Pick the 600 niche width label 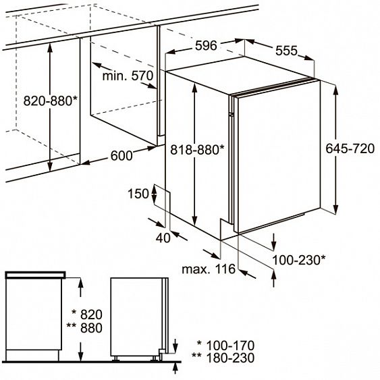point(121,156)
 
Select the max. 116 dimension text point(209,270)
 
